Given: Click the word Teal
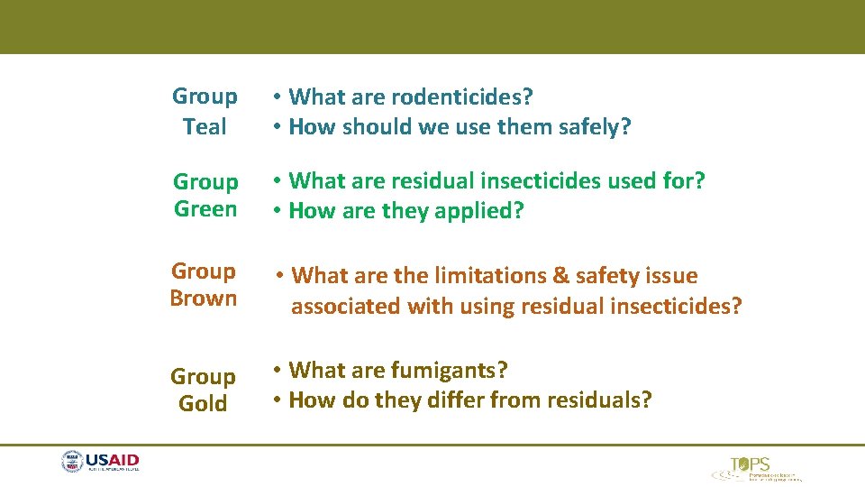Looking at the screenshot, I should tap(205, 127).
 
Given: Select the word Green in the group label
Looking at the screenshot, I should tap(205, 209).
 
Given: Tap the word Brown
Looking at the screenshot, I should tap(204, 299).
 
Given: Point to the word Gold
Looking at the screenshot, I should tap(203, 404).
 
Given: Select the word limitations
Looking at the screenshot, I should tap(486, 275).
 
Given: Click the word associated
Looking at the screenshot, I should tap(346, 307).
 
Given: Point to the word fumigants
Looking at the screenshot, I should tap(450, 370).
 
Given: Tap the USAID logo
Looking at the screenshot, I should tap(100, 463).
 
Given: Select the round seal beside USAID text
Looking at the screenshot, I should tap(72, 463).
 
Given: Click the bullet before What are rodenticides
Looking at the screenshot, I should tap(280, 96).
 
